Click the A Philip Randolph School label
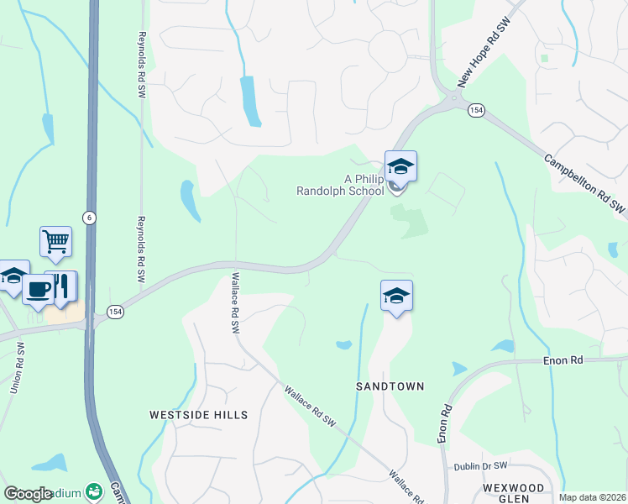(340, 184)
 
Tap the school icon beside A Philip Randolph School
(400, 168)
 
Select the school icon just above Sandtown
(396, 297)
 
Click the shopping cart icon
(55, 242)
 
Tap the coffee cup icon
(38, 290)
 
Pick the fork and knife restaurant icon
(62, 286)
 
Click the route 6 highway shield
(88, 216)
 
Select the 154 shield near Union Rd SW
(116, 311)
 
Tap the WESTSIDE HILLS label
(198, 415)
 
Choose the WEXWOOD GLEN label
(513, 493)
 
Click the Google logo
(28, 494)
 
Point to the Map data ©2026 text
(591, 497)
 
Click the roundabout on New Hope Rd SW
(454, 100)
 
